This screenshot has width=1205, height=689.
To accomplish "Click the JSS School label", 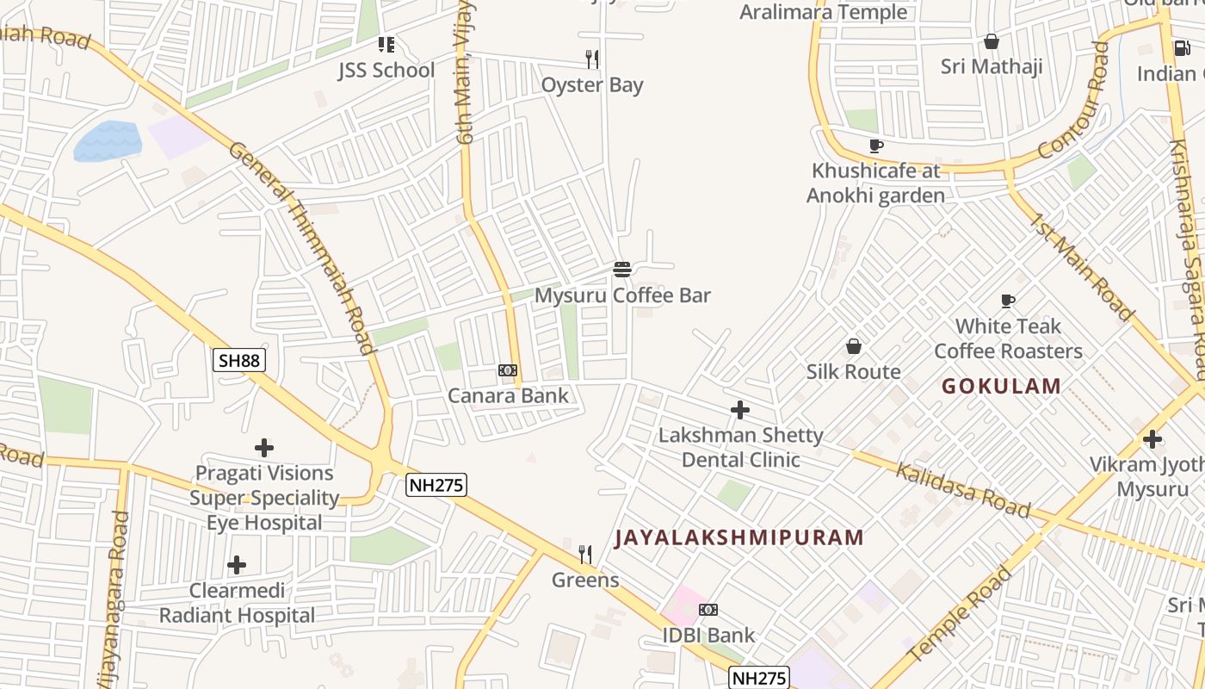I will (386, 70).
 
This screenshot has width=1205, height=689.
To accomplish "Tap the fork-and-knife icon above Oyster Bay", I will (592, 59).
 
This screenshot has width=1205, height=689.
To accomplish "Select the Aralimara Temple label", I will (824, 12).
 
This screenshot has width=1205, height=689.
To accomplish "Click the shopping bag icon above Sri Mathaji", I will (992, 41).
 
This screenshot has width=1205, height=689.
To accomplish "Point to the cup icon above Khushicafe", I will (875, 146).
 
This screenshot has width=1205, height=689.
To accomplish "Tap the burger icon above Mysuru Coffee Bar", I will (622, 269).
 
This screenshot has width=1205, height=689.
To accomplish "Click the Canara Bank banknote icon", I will (508, 370).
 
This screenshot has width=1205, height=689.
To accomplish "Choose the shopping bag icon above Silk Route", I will (853, 346).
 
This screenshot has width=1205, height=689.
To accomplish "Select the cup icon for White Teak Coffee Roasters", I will (1008, 301).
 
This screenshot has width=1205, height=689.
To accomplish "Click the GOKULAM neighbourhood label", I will (1001, 386).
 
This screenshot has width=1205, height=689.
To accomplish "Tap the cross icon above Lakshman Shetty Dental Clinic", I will (740, 410).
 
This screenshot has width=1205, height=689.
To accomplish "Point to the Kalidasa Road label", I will (962, 490).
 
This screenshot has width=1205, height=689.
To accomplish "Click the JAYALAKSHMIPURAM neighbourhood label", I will (739, 538).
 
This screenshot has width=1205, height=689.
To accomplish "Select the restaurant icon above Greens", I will (585, 554).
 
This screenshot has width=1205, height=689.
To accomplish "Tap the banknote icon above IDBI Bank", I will (708, 610).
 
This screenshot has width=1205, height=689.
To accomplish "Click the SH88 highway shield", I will (239, 360).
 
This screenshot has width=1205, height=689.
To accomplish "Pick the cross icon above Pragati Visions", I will (264, 448).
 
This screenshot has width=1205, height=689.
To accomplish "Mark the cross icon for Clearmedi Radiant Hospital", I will (237, 565).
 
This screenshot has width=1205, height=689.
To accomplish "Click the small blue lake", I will (108, 140).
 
